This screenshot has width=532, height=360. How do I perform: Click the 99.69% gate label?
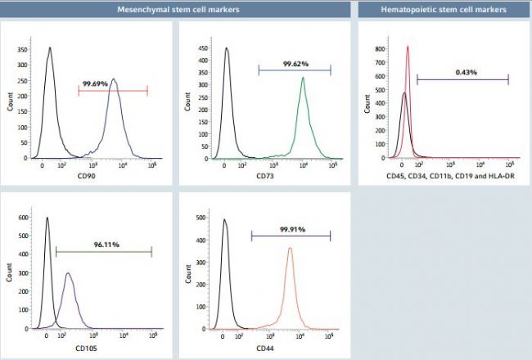tap(97, 83)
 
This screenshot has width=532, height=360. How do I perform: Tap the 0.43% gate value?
tap(465, 72)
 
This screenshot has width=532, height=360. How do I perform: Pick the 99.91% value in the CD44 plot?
tap(290, 230)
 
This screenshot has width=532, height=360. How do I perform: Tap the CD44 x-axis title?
tap(265, 347)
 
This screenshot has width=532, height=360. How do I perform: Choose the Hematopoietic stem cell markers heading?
tap(444, 10)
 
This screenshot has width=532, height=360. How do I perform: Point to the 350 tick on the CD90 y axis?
tap(21, 48)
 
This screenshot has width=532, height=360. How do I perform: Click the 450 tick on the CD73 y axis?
tap(201, 48)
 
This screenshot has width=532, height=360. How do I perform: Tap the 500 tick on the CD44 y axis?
tap(201, 219)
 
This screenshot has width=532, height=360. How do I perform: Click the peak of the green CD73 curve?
tap(303, 79)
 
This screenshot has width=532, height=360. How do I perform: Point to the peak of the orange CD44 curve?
tap(290, 249)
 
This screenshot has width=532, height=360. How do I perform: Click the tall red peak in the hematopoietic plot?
tap(408, 47)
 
